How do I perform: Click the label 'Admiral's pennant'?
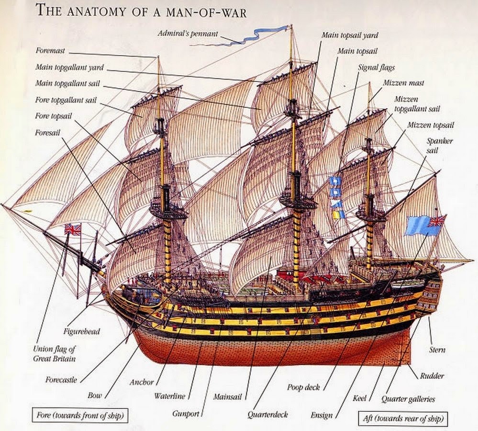point(188,34)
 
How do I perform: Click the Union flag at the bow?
point(73,229)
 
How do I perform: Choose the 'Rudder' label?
point(432,375)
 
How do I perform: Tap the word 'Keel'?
point(360,398)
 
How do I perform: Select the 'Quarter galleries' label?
point(408,398)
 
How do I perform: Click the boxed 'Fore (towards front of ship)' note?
point(80,415)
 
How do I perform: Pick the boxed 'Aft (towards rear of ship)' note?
point(403,419)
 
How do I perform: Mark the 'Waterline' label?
point(169,396)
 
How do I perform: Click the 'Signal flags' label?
point(376,68)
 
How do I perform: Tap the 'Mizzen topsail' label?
point(431,125)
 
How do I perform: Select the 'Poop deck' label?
point(303,387)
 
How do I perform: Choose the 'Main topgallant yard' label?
point(69,68)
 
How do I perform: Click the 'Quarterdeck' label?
point(267,414)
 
